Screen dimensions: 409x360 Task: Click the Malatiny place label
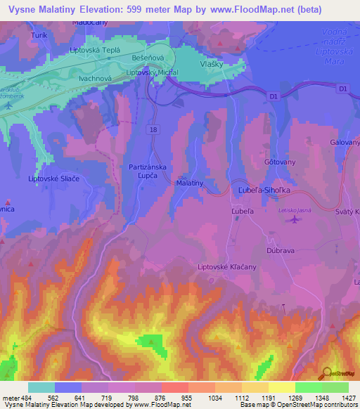coord(190,183)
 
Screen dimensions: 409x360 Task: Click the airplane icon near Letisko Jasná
coord(293,221)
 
